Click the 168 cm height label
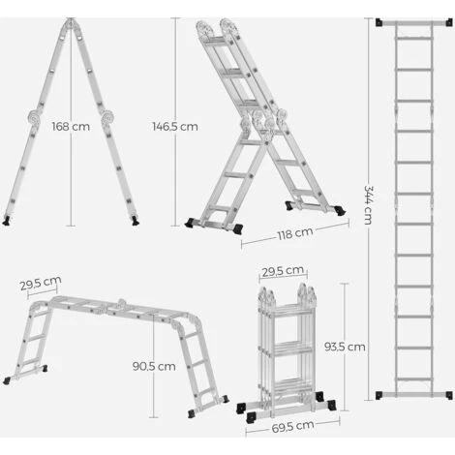point(71,127)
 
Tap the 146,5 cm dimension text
point(175,127)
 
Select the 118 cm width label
point(295,233)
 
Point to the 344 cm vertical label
point(368,204)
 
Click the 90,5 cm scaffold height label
point(154,366)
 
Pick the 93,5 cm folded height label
point(345,347)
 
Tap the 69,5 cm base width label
point(292,427)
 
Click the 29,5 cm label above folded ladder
point(283,271)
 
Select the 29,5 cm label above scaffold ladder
point(41,284)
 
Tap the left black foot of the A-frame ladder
point(6,221)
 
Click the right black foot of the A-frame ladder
point(136,221)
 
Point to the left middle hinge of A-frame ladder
point(34,117)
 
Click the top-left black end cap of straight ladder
point(379,22)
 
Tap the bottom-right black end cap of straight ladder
point(449,395)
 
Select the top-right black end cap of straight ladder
point(449,22)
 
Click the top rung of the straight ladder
point(414,39)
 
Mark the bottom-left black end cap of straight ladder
point(379,395)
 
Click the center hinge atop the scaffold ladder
point(122,304)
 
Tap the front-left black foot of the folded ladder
point(251,418)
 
